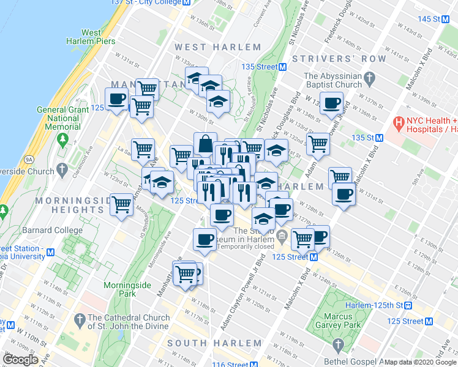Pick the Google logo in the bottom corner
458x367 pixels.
click(20, 360)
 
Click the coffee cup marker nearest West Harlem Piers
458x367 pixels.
click(117, 98)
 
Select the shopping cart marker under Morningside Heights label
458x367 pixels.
click(122, 204)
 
